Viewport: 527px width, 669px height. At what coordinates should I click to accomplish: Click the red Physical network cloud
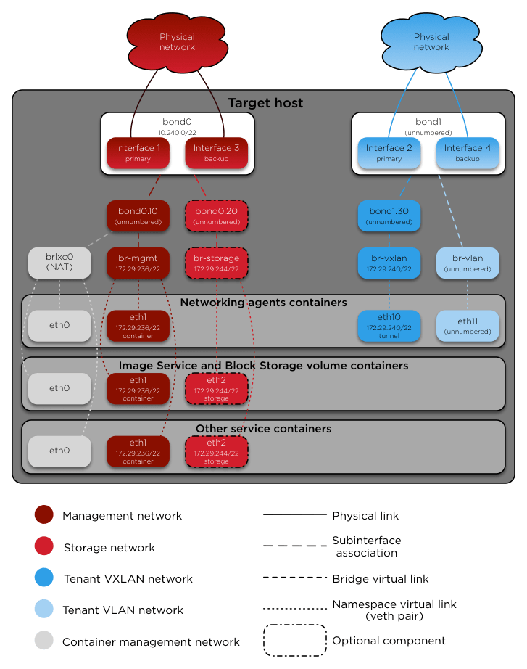tap(177, 42)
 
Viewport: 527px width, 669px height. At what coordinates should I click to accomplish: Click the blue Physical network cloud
tap(431, 42)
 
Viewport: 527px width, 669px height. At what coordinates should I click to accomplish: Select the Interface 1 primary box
tap(138, 152)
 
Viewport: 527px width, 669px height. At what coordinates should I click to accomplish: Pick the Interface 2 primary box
tap(389, 152)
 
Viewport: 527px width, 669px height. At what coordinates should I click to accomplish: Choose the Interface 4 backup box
tap(468, 152)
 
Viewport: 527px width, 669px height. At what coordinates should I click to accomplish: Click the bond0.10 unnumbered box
tap(138, 216)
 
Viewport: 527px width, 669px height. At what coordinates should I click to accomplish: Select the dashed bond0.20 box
tap(217, 216)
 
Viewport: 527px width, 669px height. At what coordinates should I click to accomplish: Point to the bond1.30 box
tap(389, 216)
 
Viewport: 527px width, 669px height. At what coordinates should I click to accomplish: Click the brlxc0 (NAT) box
tap(59, 262)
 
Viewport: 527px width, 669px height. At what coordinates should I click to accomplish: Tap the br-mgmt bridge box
tap(138, 262)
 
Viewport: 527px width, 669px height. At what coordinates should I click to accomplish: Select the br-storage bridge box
tap(217, 262)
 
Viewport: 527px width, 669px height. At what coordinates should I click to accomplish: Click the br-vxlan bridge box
tap(389, 262)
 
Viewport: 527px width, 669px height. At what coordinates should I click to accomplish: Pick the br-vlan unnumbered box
tap(468, 262)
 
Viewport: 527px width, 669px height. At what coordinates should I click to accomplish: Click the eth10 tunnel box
tap(389, 326)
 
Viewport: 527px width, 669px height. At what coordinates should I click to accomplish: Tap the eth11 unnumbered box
tap(468, 326)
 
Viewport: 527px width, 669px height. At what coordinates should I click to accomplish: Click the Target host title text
tap(265, 103)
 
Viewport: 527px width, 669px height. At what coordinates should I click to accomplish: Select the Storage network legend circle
tap(43, 546)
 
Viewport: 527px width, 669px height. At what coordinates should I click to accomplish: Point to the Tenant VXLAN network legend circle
tap(43, 578)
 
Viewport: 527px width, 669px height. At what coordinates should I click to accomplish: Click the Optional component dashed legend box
tap(293, 641)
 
